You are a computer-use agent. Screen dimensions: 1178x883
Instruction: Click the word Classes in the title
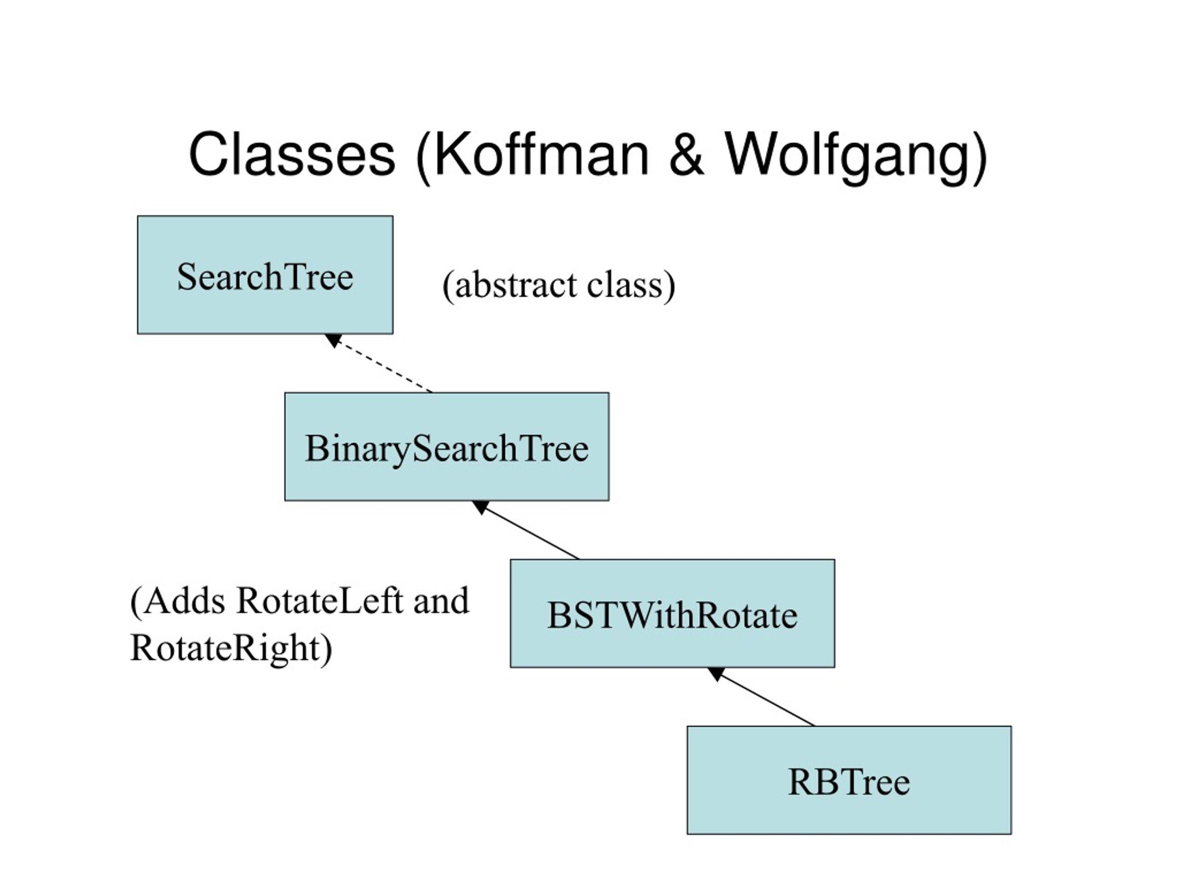(x=292, y=155)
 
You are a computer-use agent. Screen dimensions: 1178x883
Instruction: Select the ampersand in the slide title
(x=686, y=155)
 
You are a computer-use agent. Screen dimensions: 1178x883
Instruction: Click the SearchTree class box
(x=265, y=275)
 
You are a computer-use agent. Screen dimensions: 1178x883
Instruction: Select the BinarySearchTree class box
(x=447, y=447)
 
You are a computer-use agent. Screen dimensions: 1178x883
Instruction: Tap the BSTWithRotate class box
(x=673, y=613)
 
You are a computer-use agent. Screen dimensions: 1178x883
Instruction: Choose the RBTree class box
(x=849, y=780)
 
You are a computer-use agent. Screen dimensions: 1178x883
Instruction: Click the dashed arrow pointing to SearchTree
(x=379, y=363)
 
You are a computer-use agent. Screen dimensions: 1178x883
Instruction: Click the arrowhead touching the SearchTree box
(x=333, y=339)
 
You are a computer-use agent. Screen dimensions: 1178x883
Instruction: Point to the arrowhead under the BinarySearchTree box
(x=480, y=507)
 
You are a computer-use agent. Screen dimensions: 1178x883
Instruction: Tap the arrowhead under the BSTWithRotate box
(x=715, y=673)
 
